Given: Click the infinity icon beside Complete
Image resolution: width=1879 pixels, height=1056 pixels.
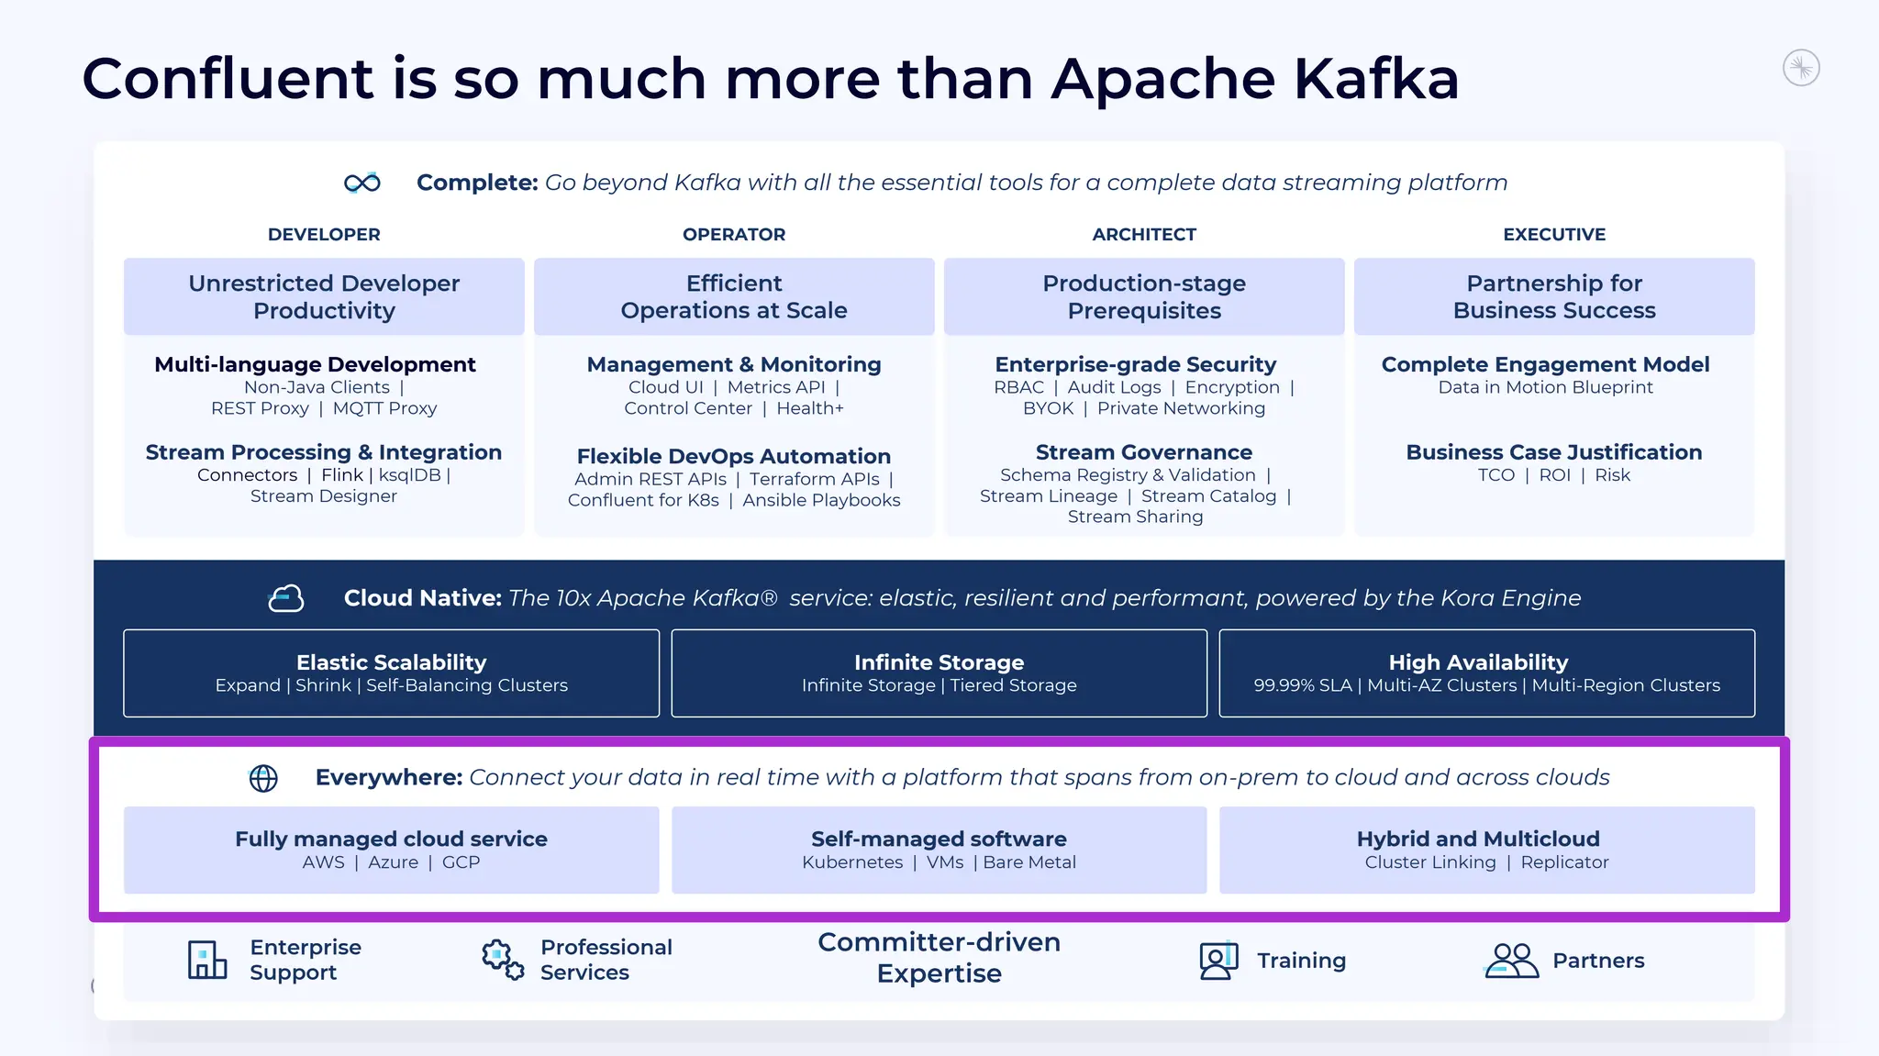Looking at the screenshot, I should coord(362,183).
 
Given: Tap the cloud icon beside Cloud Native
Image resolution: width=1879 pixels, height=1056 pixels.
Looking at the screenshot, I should coord(285,598).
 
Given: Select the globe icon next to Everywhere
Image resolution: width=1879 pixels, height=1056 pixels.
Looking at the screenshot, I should coord(263,778).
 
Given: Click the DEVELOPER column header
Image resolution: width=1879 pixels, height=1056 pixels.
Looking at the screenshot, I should coord(324,235).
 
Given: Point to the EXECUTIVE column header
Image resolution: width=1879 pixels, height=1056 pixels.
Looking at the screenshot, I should coord(1554,235).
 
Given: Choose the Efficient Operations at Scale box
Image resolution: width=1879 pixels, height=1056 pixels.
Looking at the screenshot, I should coord(734,296).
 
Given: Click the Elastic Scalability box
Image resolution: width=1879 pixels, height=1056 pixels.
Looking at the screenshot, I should coord(391,673).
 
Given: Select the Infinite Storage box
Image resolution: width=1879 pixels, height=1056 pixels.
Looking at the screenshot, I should coord(939,673).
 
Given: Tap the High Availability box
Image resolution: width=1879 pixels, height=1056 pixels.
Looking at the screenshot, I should coord(1486,673).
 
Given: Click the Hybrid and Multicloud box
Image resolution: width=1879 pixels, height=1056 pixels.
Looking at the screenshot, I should coord(1486,850).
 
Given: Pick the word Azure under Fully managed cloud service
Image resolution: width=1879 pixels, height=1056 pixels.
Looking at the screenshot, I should coord(393,862).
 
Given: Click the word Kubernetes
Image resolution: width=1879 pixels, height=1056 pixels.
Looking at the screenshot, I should coord(852,862).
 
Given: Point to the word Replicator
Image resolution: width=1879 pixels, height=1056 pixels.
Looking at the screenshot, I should coord(1564,862).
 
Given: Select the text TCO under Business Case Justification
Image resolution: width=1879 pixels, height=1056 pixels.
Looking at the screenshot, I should coord(1495,475).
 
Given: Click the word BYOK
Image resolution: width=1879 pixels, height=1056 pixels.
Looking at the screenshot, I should coord(1048,408).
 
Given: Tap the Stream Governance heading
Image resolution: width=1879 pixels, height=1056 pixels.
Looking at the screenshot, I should coord(1143,452).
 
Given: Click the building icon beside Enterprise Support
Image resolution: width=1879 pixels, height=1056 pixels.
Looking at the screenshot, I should coord(207,960).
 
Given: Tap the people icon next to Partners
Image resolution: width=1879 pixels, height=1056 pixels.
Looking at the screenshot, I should coord(1510,961).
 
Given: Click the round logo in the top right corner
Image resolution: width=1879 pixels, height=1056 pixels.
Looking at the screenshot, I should coord(1801,68).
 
